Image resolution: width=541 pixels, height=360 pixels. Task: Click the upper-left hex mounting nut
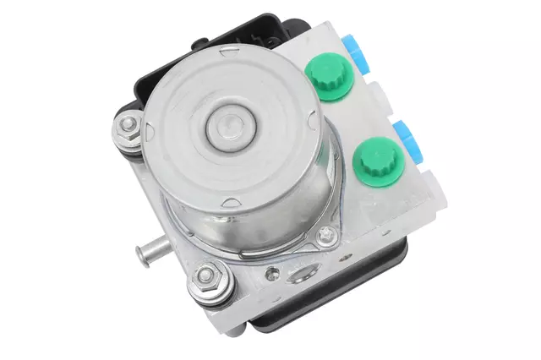pyautogui.click(x=129, y=128)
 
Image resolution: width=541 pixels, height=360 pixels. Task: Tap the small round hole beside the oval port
pyautogui.click(x=270, y=274)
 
